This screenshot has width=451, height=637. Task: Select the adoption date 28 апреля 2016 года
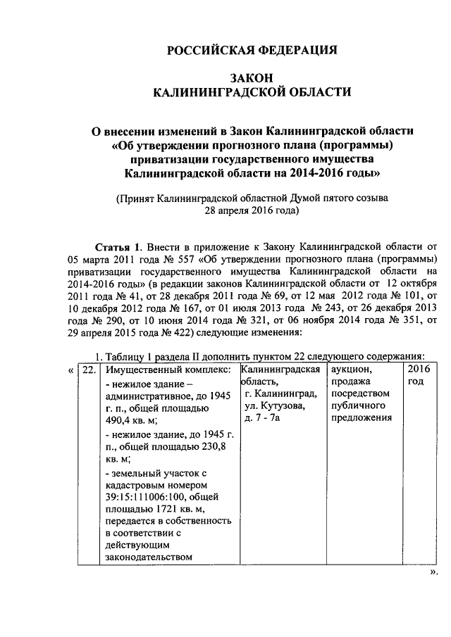252,210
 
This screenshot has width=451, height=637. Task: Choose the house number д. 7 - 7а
263,419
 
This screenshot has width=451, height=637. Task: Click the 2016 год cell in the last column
418,375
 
